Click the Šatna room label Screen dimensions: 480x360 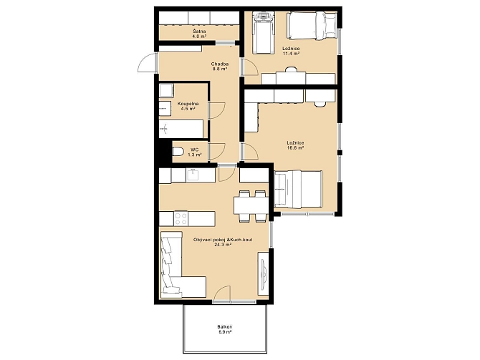tap(199, 31)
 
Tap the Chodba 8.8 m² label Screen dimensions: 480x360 tap(219, 67)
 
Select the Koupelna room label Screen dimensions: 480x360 tap(188, 104)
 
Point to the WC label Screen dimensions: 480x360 tap(194, 150)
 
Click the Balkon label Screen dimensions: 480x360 tap(225, 326)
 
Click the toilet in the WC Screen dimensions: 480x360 tap(178, 152)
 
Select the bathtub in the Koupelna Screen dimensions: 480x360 tap(181, 128)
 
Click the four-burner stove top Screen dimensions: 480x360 tap(181, 218)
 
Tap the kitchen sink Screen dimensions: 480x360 tap(193, 175)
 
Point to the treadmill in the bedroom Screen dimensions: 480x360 tap(263, 33)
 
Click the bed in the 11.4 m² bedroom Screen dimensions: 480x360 tap(312, 26)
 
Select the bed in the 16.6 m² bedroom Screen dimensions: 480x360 tap(298, 190)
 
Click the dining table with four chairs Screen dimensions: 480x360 tap(251, 206)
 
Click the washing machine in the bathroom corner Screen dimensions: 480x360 tap(166, 90)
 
